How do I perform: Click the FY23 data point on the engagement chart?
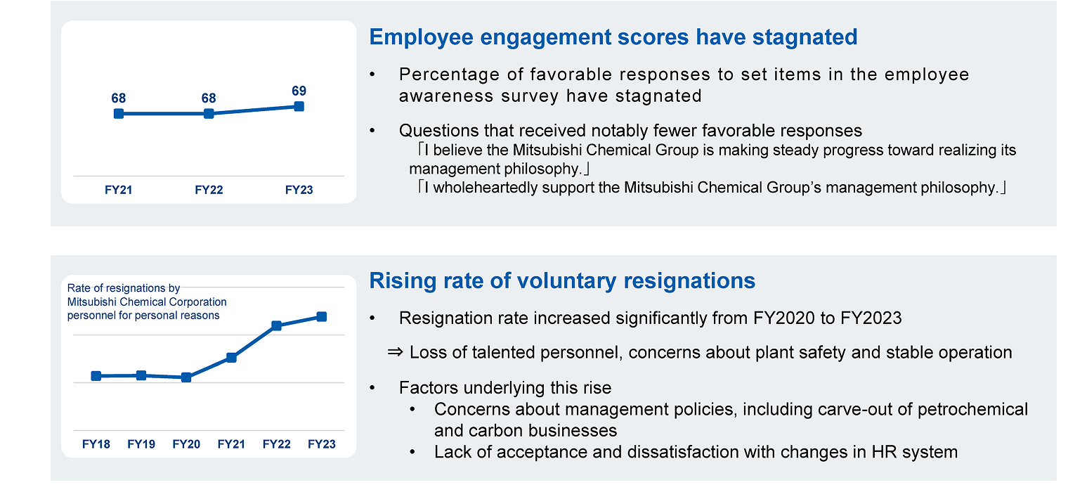299,106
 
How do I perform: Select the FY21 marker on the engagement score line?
119,113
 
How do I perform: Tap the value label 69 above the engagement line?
299,91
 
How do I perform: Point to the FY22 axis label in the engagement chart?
209,190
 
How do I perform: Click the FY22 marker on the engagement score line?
209,113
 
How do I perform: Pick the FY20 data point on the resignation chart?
186,377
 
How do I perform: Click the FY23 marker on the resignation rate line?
321,317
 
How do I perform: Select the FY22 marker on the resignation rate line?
276,325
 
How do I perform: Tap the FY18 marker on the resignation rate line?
96,376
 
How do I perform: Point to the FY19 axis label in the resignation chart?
141,444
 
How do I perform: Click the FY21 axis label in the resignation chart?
231,444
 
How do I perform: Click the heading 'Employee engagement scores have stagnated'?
613,37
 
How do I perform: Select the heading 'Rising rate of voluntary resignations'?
562,281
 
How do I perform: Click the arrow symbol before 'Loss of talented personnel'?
396,352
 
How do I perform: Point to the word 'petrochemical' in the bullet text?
979,409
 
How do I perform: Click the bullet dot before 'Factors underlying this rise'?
372,388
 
